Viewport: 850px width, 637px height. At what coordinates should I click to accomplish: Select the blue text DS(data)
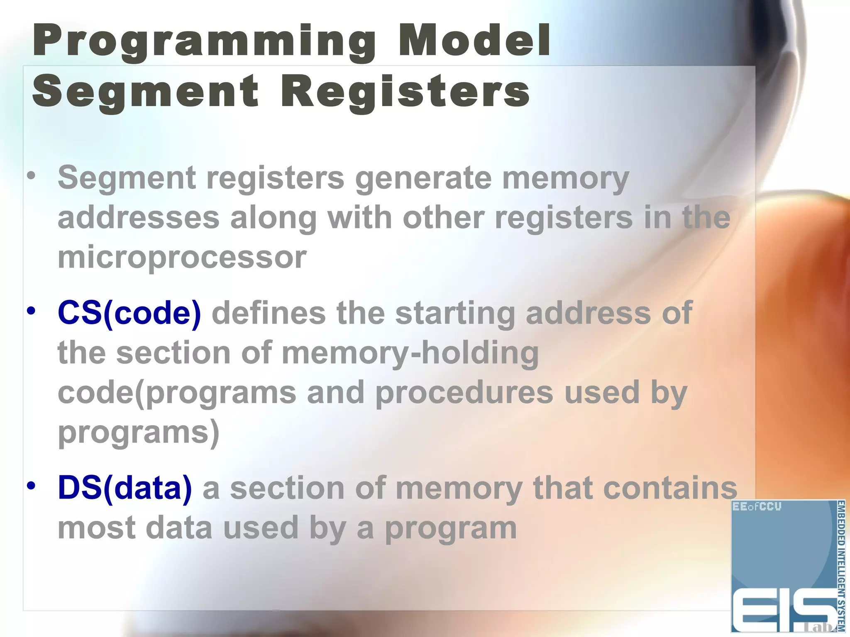point(125,488)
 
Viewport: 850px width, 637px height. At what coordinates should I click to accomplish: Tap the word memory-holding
point(410,353)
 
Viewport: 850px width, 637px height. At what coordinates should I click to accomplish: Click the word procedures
point(464,392)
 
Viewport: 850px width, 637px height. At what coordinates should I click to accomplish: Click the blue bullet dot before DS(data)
point(32,485)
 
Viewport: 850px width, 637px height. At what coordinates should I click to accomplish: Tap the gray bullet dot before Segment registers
point(32,176)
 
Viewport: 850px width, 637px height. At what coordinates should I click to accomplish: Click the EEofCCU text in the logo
point(757,507)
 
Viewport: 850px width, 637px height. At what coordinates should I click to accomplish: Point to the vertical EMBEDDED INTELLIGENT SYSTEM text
point(840,566)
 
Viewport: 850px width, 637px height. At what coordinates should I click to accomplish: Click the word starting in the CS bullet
point(455,314)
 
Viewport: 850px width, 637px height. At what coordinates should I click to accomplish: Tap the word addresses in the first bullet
point(138,218)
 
